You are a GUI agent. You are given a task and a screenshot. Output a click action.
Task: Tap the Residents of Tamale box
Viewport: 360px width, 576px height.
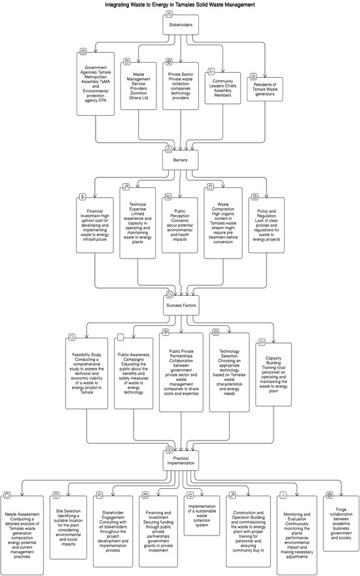(266, 87)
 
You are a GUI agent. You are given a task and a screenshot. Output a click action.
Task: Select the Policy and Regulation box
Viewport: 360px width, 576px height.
(266, 225)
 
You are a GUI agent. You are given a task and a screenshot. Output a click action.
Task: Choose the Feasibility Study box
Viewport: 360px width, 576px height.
(87, 374)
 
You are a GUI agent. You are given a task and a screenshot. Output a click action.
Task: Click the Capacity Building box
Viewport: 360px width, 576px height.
(274, 373)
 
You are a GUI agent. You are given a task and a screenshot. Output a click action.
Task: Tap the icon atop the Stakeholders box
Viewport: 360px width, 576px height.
(170, 14)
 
